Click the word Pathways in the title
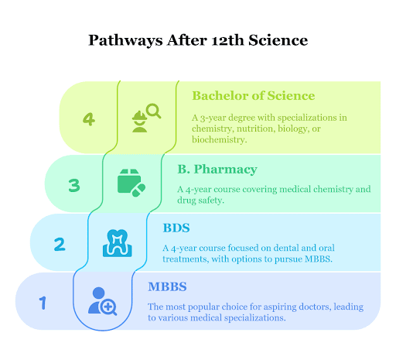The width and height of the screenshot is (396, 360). point(125,41)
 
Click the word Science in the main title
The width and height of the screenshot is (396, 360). point(278,40)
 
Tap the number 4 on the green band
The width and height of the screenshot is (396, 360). point(89,119)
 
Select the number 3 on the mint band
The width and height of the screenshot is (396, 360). point(74,185)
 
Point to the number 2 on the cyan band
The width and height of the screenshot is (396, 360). point(60,244)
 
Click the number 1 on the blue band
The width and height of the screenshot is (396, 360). point(43,303)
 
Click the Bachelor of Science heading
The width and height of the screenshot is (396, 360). point(254,96)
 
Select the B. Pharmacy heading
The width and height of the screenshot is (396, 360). point(217,170)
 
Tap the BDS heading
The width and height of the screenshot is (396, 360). point(176,228)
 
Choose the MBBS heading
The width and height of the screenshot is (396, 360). point(167,286)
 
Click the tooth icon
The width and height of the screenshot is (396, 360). point(118,243)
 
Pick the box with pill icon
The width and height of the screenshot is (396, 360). point(131,183)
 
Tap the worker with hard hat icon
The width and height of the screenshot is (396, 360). point(139,122)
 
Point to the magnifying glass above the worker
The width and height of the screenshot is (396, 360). point(154,111)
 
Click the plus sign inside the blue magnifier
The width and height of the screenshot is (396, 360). point(108,307)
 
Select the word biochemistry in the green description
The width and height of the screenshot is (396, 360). point(220,139)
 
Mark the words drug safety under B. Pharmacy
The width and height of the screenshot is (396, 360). point(200,201)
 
